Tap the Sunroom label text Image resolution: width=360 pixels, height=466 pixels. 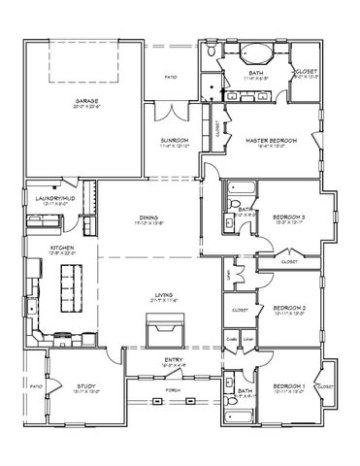pos(175,140)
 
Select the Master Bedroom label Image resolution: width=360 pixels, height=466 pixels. pos(270,140)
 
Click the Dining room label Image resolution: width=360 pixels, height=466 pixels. pos(149,217)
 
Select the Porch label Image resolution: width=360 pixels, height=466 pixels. pos(172,391)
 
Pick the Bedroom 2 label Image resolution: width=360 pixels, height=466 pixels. pos(289,308)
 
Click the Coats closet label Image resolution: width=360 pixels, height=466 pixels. pos(232,339)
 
